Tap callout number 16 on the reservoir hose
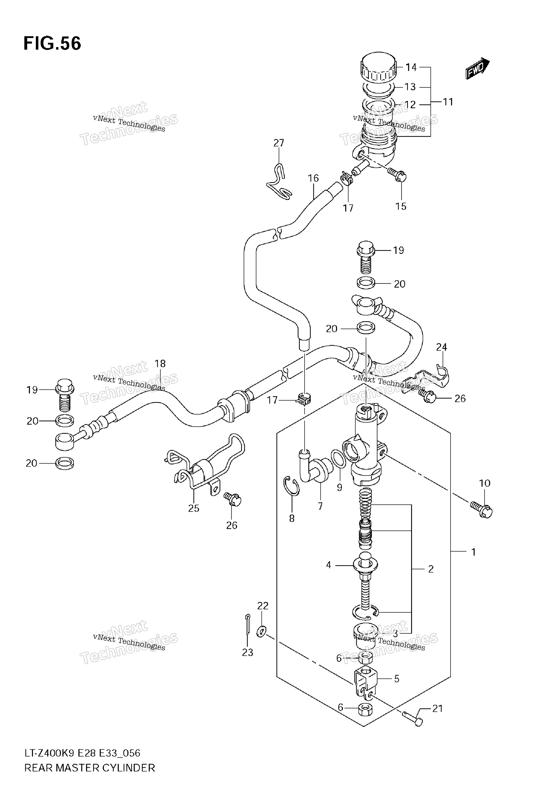[x=313, y=178]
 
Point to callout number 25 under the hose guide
[x=194, y=508]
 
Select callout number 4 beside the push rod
[x=329, y=565]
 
